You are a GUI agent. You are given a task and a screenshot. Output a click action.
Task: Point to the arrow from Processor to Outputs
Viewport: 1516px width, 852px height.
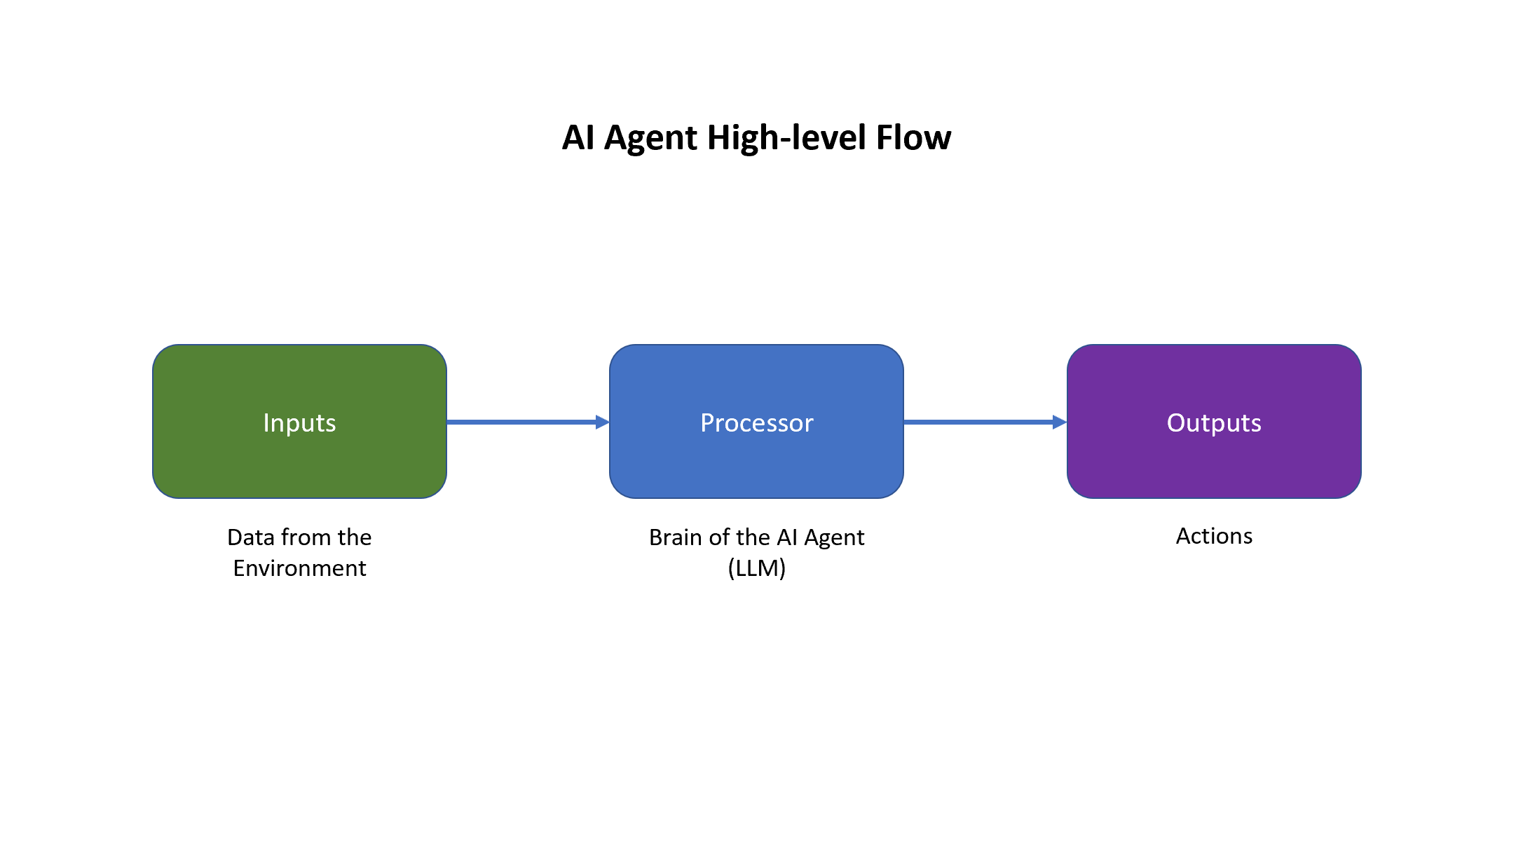978,422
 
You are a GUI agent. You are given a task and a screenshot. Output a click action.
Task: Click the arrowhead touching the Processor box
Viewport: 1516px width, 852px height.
602,422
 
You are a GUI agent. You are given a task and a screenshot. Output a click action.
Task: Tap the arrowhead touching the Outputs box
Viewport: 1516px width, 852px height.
1059,422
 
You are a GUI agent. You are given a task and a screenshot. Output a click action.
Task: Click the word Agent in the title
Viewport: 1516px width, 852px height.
651,138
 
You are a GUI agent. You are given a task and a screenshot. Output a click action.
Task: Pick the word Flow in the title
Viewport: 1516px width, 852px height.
913,138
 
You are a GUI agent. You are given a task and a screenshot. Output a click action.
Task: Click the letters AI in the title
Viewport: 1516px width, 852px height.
578,138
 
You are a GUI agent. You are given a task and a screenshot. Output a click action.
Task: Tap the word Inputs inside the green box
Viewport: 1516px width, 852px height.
299,423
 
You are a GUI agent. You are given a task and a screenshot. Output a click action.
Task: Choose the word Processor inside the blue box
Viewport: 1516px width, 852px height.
756,423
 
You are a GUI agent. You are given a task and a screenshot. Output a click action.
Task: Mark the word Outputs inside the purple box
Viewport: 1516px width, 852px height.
1214,423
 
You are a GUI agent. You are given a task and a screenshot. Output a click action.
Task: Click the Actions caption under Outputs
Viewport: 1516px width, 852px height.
1214,536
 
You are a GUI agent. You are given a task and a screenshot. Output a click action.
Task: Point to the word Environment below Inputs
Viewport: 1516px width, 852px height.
299,568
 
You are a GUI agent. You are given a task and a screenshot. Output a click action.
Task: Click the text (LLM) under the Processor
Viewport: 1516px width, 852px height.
756,568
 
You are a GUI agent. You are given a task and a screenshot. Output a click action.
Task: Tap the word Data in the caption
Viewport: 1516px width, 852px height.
250,537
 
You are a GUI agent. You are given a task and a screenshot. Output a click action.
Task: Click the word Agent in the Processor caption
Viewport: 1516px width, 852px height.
834,538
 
